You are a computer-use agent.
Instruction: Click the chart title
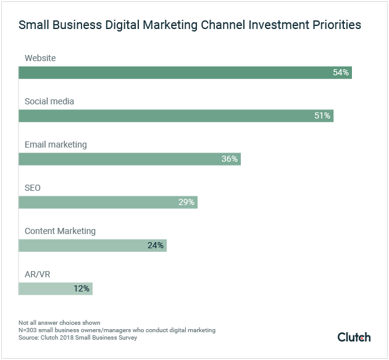(x=190, y=25)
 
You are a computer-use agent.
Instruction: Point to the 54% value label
(x=341, y=73)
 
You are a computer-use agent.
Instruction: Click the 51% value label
(x=322, y=116)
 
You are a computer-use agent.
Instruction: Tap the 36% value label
(x=230, y=159)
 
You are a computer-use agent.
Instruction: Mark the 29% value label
(x=186, y=203)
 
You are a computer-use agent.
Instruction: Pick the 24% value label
(x=156, y=246)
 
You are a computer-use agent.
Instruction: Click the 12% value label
(x=82, y=288)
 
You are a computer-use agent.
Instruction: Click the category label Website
(x=40, y=58)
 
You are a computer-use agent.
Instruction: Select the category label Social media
(x=49, y=101)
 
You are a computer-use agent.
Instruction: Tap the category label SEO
(x=33, y=188)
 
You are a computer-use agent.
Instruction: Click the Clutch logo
(x=354, y=337)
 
